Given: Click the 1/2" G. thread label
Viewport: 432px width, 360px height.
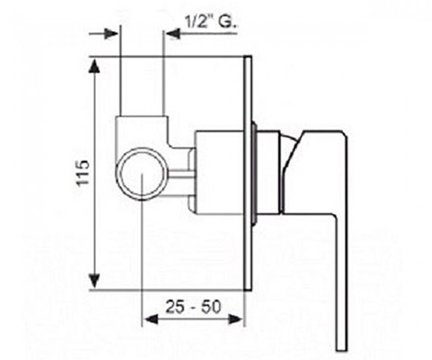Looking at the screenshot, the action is [211, 22].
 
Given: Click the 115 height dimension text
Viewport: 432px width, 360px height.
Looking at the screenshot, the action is [83, 173].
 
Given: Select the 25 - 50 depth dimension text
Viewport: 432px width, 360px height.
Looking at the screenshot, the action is [193, 307].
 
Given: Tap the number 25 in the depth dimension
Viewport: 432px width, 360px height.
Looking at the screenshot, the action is [175, 307].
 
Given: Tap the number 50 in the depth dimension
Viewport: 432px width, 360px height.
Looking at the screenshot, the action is [212, 307].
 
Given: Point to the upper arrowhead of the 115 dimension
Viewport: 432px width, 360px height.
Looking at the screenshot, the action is [95, 67].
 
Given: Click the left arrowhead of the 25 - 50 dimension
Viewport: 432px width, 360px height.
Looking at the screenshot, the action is [152, 320].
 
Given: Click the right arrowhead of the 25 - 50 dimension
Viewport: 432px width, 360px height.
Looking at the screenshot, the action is [235, 320].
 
